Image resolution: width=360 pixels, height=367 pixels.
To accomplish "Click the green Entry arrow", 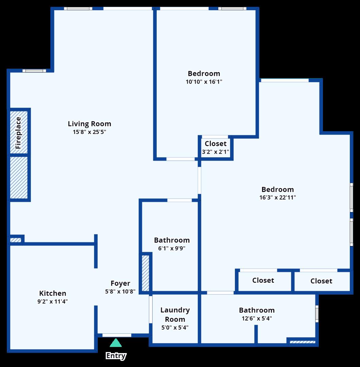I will coord(116,343).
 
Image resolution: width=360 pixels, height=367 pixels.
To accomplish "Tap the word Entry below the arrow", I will coord(116,356).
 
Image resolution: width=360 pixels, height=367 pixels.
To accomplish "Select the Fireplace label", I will coord(18,133).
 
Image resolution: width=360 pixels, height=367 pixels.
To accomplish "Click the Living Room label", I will coord(89,124).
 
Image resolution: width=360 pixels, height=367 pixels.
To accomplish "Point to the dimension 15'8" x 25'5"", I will coord(89,132).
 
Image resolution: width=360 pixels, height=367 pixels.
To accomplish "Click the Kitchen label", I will coord(53,293).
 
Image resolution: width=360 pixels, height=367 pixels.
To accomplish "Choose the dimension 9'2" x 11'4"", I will coord(53,301).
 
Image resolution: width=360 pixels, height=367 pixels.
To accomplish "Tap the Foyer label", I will coord(120,283).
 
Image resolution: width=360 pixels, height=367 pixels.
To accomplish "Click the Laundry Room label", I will coord(175,315).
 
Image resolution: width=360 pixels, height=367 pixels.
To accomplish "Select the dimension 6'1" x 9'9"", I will coord(172,248).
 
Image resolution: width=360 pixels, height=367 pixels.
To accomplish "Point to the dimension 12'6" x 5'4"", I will coord(257,318).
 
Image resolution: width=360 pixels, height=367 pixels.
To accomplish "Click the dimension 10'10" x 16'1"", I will coord(204,82).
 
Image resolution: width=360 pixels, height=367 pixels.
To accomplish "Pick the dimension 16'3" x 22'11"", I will coord(277,197).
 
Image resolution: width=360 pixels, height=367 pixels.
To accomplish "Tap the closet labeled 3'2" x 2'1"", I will coord(216,148).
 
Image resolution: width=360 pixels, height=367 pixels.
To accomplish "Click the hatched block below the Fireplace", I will coord(18,177).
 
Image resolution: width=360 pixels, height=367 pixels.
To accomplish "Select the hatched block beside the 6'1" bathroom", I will coord(145,273).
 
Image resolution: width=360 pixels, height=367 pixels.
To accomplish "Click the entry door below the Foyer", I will coord(117,335).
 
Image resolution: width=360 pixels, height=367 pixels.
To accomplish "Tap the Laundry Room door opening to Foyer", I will coord(150,309).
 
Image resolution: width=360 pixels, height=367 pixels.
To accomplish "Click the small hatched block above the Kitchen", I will coord(16,240).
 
